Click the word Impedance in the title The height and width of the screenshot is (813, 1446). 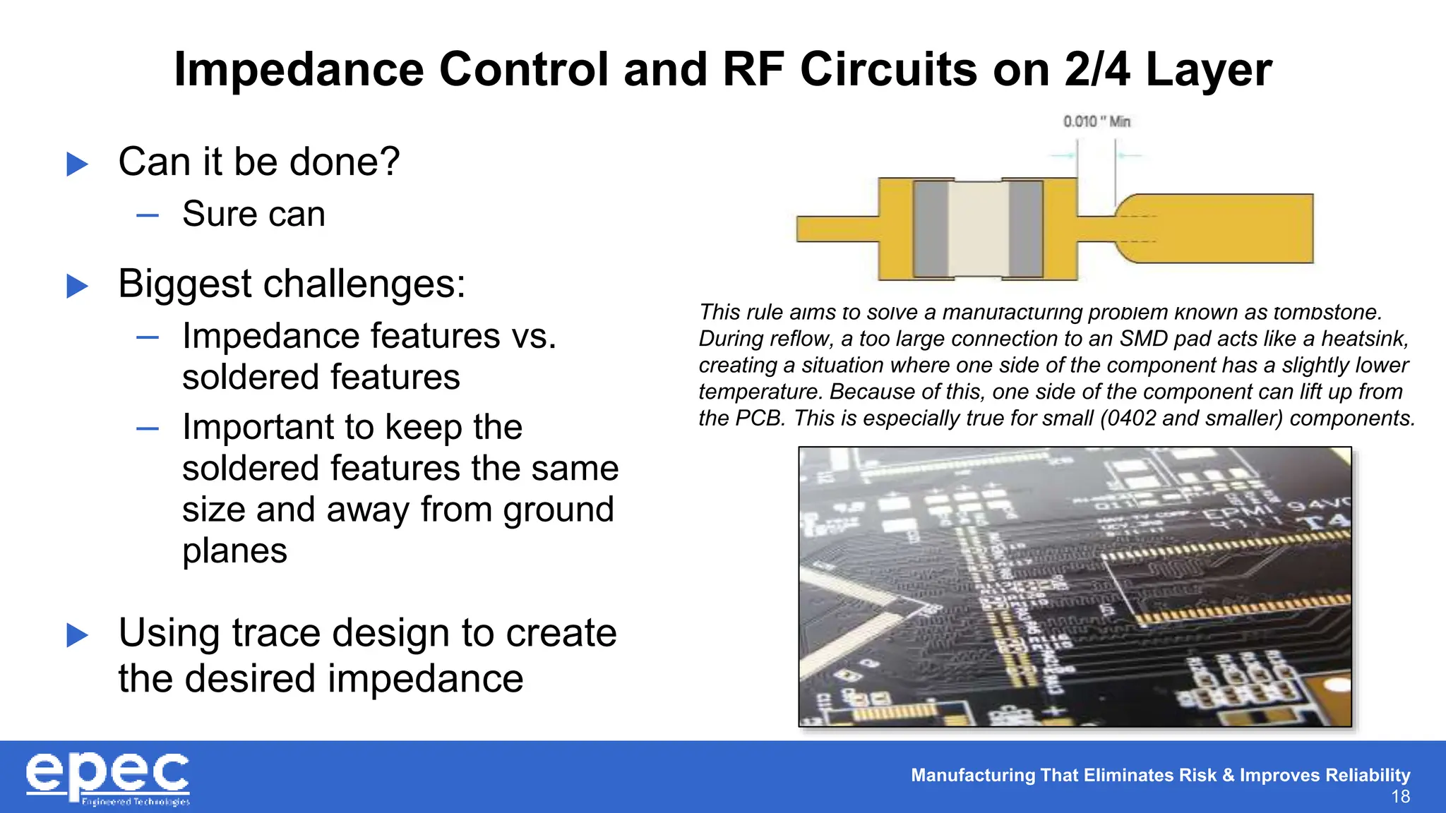point(298,70)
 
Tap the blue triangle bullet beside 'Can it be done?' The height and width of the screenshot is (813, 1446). point(77,164)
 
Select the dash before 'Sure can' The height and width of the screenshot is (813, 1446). point(148,215)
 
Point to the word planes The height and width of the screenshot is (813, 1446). point(234,550)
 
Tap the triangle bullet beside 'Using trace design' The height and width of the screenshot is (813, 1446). point(77,635)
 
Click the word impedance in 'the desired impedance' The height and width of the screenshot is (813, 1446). point(425,679)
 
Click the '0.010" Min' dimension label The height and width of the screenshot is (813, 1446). point(1097,122)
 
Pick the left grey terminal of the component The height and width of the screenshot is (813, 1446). point(931,229)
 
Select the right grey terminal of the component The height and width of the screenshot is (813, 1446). point(1025,229)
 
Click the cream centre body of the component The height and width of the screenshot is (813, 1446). point(978,229)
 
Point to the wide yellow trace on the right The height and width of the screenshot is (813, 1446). point(1229,229)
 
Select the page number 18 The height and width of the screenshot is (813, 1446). point(1400,797)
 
